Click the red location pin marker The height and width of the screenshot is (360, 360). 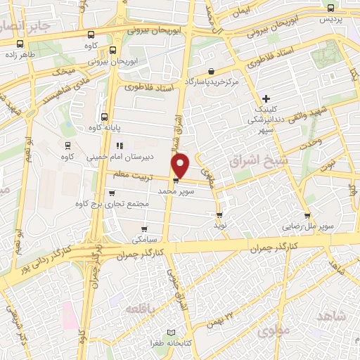(x=181, y=165)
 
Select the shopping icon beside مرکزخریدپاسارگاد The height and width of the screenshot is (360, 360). (x=212, y=71)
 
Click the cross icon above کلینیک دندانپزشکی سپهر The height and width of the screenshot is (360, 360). (x=266, y=98)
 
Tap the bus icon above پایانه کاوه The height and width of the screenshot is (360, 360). (x=104, y=117)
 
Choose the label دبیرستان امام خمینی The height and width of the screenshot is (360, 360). (x=115, y=157)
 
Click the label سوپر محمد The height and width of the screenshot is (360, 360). (x=174, y=191)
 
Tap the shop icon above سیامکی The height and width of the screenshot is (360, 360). (x=144, y=228)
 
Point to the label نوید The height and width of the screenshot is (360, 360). (x=221, y=226)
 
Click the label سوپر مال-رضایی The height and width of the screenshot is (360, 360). (x=308, y=226)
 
